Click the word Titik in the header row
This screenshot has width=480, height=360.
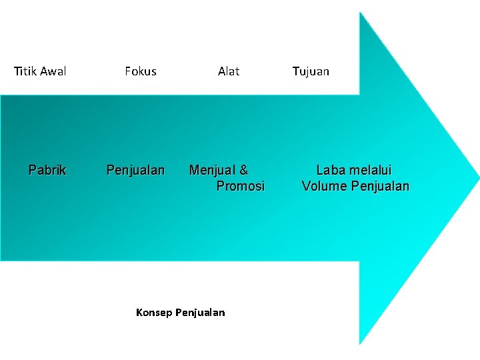pyautogui.click(x=25, y=71)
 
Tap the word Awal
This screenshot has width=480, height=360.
pyautogui.click(x=53, y=71)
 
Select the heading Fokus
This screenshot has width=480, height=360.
pyautogui.click(x=140, y=71)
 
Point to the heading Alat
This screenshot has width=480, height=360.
pyautogui.click(x=229, y=71)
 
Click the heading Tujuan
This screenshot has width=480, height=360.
pyautogui.click(x=311, y=71)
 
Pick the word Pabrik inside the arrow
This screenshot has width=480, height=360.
pyautogui.click(x=47, y=170)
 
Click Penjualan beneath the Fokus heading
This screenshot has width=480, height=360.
pyautogui.click(x=135, y=170)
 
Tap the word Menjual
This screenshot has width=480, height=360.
pyautogui.click(x=212, y=170)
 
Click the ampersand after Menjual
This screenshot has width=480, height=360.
pyautogui.click(x=243, y=170)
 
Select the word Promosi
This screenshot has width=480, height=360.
pyautogui.click(x=240, y=186)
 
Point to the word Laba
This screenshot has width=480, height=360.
pyautogui.click(x=331, y=170)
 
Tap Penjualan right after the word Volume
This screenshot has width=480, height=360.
pyautogui.click(x=379, y=186)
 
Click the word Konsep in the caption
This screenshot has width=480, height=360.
pyautogui.click(x=153, y=312)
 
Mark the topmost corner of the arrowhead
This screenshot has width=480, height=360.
pyautogui.click(x=360, y=13)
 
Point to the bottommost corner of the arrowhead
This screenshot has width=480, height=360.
pyautogui.click(x=360, y=343)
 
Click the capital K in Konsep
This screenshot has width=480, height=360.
pyautogui.click(x=139, y=312)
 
